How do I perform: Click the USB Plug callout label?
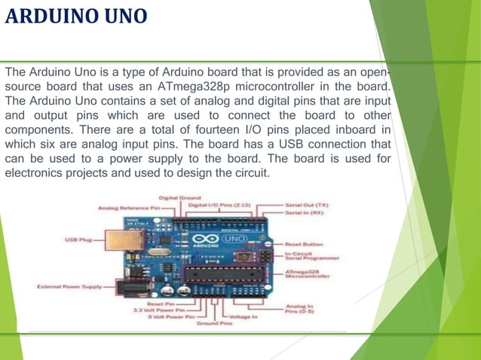click(x=78, y=239)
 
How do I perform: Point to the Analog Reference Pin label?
click(x=130, y=206)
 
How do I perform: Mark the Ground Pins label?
click(x=214, y=324)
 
